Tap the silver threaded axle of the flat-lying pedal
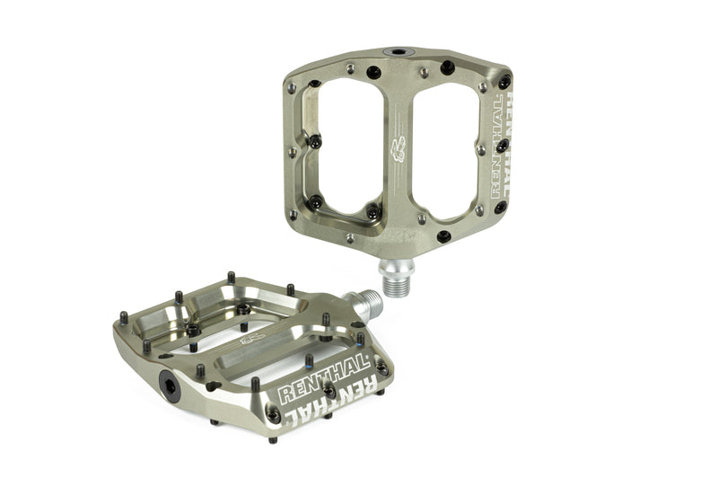tap(367, 306)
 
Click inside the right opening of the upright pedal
tap(442, 144)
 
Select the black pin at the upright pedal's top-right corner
tap(504, 83)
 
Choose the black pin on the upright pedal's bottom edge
tap(443, 236)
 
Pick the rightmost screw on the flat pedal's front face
tap(381, 368)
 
